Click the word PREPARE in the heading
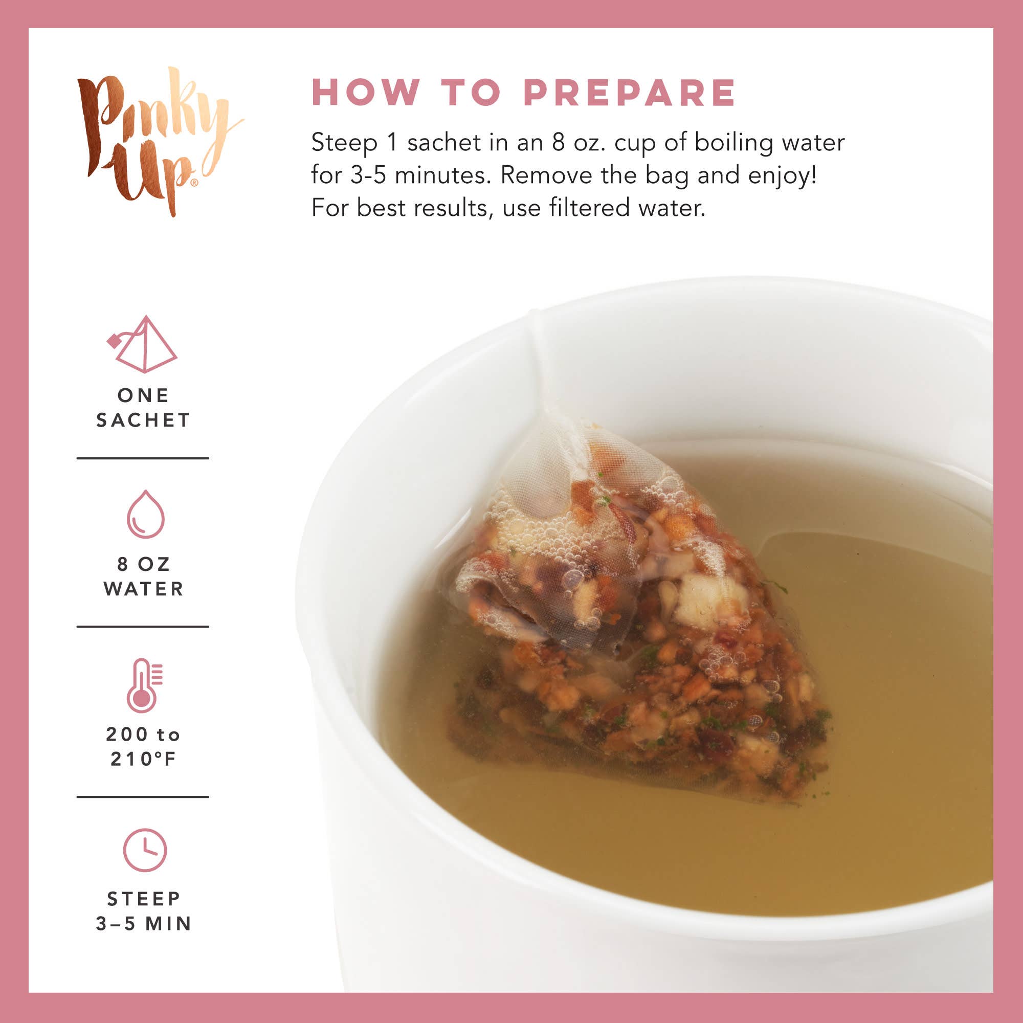coord(629,93)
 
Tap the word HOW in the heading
coord(365,93)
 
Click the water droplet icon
coord(145,515)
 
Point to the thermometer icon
coord(143,685)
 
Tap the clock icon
coord(145,850)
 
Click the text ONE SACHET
coord(143,408)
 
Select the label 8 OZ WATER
coord(144,576)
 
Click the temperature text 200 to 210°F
coord(144,747)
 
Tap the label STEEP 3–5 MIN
coord(144,911)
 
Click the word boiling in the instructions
coord(733,143)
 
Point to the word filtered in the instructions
coord(589,208)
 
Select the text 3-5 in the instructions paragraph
coord(368,175)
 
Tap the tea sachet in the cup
coord(635,635)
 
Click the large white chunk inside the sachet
coord(709,598)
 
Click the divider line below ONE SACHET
coord(143,458)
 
